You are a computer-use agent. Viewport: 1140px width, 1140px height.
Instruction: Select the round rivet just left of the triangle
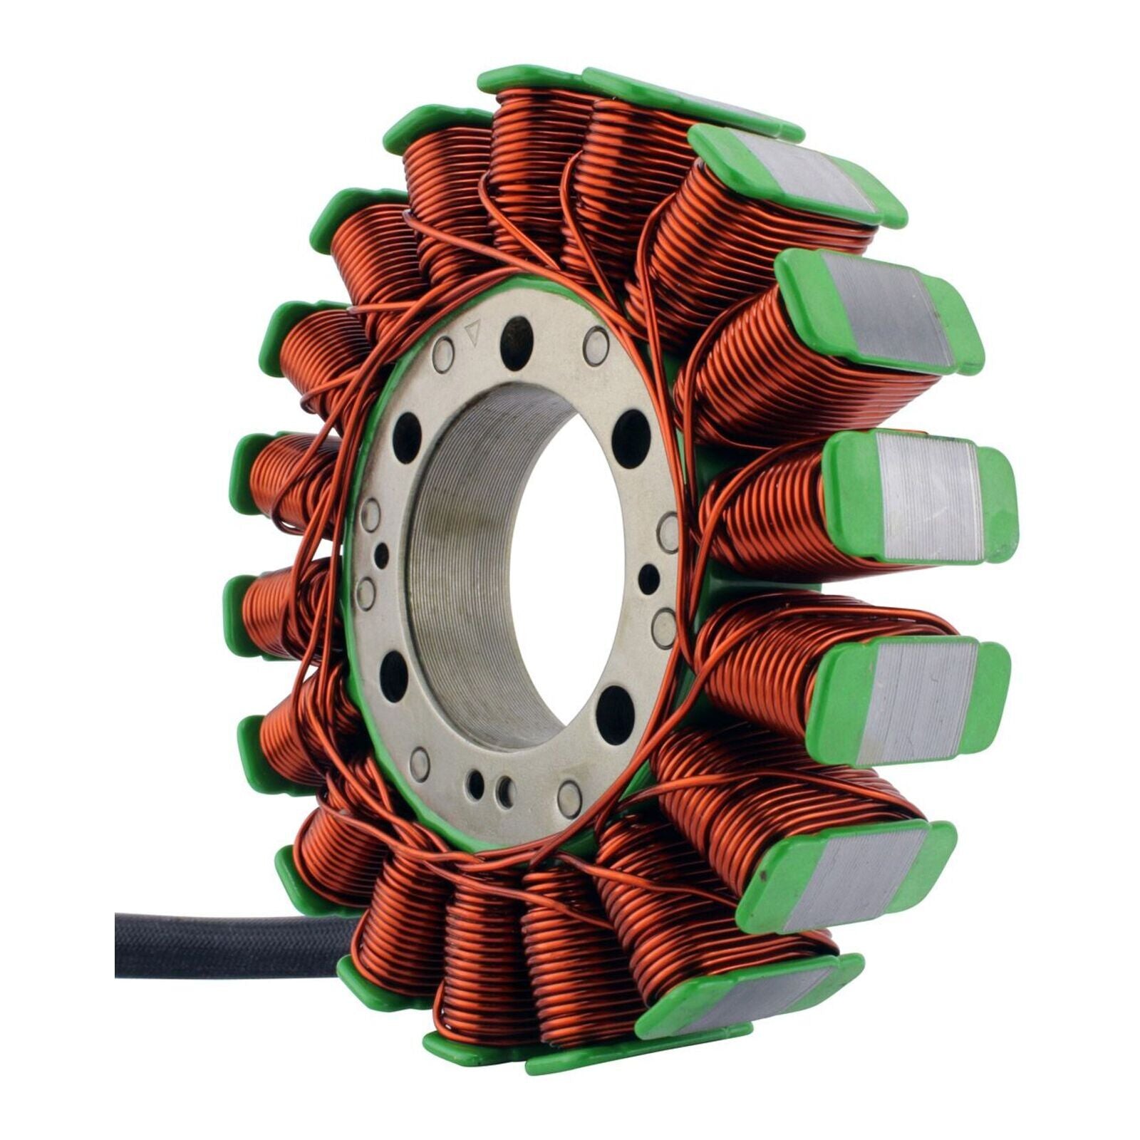(443, 353)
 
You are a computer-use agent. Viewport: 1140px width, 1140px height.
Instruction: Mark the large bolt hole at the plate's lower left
(393, 675)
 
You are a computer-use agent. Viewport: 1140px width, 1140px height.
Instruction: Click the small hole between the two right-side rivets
(648, 579)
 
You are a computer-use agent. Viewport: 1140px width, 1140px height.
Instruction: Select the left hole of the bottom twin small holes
(475, 784)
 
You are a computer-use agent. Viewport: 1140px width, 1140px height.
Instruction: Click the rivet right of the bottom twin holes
(569, 797)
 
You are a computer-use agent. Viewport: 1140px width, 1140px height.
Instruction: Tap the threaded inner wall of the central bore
(456, 570)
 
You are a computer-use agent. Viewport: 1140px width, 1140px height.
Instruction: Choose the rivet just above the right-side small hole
(668, 531)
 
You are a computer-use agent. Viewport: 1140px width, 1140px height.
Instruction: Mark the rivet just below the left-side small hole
(366, 592)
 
